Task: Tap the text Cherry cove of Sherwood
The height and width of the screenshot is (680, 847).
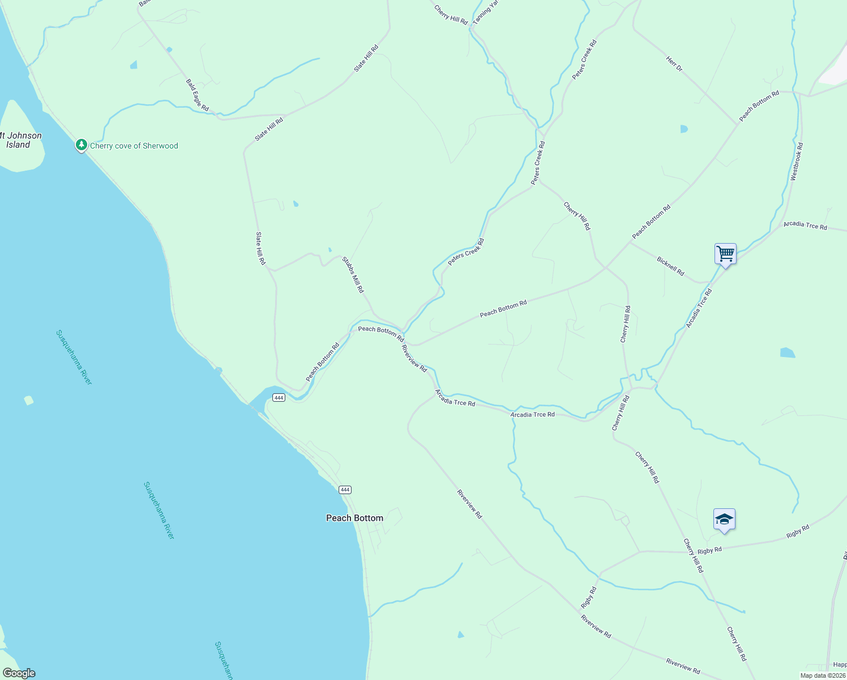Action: pos(134,146)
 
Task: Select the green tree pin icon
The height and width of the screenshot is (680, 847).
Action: pos(82,145)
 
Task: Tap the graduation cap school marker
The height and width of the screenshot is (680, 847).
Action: pos(724,519)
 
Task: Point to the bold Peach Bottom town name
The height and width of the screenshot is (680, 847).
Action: pos(354,518)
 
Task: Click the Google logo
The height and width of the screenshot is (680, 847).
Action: pos(19,673)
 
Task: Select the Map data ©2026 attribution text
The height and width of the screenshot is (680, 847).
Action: pos(822,675)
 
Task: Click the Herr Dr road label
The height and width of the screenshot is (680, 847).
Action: pos(674,64)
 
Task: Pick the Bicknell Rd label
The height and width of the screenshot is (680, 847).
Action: pos(670,266)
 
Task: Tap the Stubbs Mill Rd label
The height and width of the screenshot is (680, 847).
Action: pos(353,275)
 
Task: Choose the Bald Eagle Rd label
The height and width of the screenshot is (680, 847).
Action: pos(197,95)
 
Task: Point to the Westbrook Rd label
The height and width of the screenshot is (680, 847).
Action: pos(797,161)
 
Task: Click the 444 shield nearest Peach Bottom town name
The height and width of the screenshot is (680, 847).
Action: pos(345,490)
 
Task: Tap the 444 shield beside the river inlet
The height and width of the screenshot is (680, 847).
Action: pos(278,398)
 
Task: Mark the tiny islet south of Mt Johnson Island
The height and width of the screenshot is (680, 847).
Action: pos(28,401)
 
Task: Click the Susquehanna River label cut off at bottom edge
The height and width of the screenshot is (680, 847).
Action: pos(224,660)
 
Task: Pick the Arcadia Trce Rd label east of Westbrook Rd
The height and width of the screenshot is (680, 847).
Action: pos(805,226)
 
